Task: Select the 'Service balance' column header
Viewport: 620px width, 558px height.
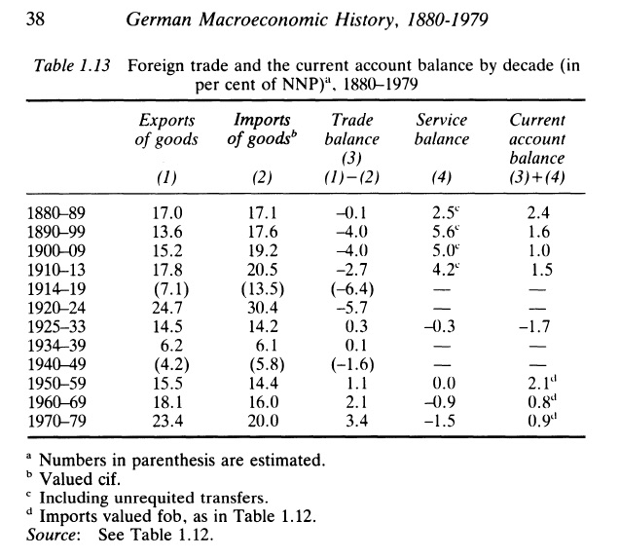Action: pos(441,130)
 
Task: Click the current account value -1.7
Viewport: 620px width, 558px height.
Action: pos(535,324)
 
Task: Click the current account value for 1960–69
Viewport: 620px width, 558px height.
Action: pos(537,402)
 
